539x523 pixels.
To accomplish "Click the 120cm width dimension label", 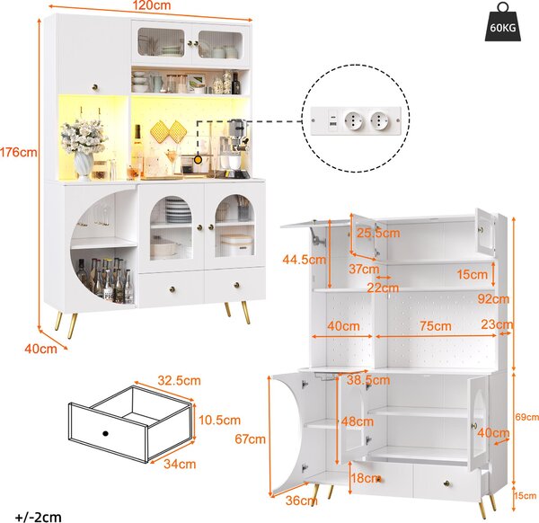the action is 152,5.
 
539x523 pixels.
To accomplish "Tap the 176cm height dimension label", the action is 18,152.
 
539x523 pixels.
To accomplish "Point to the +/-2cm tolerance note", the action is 39,517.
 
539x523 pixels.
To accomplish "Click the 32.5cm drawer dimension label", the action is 179,381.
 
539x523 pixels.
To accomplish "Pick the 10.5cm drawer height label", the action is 220,420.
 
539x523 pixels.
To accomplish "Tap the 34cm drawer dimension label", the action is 180,464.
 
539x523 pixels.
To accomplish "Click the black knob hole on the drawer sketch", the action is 105,433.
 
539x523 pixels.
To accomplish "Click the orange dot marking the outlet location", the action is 198,160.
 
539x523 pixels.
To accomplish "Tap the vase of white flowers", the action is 84,149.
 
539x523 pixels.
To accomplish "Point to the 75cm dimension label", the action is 436,326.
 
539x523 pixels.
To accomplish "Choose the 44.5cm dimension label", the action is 305,260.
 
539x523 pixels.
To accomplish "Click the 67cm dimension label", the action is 251,439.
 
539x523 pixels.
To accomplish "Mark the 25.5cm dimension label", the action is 378,233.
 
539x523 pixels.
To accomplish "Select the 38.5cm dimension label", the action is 368,380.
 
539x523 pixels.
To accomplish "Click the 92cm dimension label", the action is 493,299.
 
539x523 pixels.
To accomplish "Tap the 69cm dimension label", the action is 527,417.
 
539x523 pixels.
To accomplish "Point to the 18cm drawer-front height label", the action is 365,478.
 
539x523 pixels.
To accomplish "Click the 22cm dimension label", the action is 383,288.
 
